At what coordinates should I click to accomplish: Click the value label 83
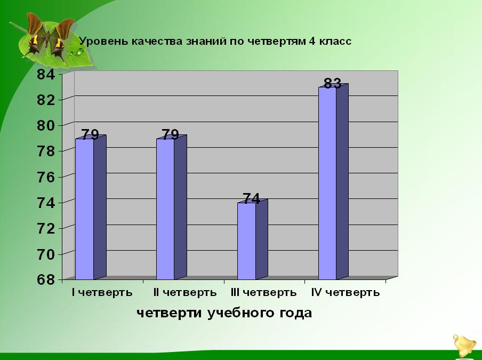(x=332, y=83)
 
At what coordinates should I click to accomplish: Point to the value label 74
(x=252, y=198)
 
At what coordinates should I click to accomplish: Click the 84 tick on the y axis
(x=46, y=74)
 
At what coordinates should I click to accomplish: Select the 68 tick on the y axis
(x=46, y=280)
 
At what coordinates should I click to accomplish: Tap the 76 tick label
(x=46, y=178)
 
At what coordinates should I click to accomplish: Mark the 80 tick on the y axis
(x=46, y=126)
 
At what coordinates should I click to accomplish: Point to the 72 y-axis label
(x=46, y=229)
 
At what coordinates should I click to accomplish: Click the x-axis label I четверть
(x=102, y=292)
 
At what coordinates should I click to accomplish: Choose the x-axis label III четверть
(x=263, y=292)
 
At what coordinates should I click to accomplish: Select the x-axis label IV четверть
(x=345, y=292)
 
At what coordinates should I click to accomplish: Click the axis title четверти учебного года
(x=224, y=313)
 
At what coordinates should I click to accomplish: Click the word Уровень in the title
(x=103, y=41)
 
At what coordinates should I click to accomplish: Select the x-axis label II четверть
(x=184, y=292)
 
